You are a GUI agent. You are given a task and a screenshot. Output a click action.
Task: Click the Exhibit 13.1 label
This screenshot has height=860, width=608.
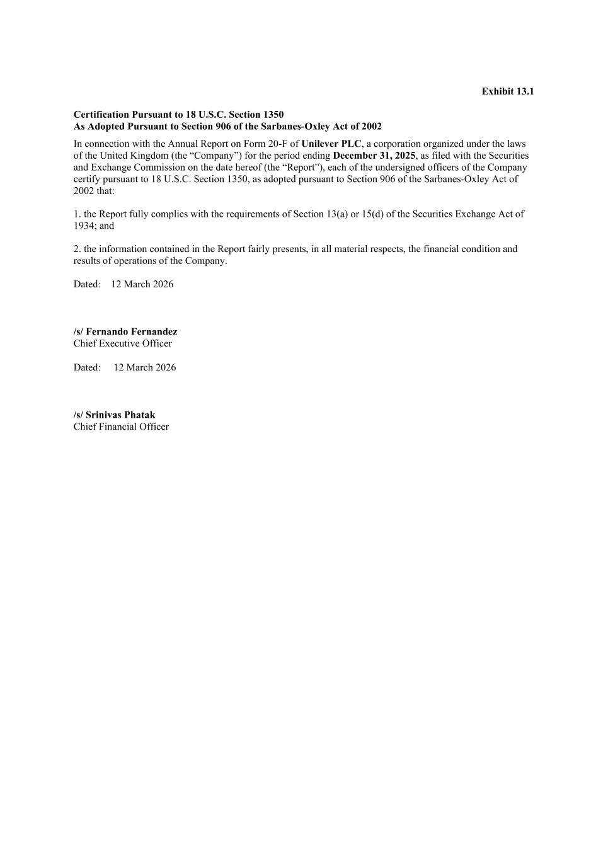click(x=507, y=91)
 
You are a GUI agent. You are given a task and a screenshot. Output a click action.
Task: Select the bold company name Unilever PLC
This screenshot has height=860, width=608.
click(x=331, y=144)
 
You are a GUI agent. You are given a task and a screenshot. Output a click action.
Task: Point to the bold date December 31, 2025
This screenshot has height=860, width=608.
click(x=374, y=156)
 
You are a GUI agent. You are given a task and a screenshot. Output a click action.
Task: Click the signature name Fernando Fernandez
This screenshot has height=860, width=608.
click(x=131, y=331)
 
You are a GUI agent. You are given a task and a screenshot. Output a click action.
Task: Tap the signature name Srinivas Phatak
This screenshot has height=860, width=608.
click(x=120, y=415)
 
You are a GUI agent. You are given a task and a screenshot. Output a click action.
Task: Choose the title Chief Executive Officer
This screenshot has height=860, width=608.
click(x=122, y=343)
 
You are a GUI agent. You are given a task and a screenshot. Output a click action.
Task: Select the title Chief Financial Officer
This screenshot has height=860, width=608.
click(x=121, y=427)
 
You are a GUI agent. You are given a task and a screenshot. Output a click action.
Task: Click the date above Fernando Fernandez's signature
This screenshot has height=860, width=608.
click(x=142, y=284)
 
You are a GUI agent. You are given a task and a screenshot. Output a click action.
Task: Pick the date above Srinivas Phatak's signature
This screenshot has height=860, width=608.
click(x=144, y=367)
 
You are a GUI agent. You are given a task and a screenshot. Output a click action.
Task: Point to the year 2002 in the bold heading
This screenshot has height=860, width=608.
click(x=371, y=126)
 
